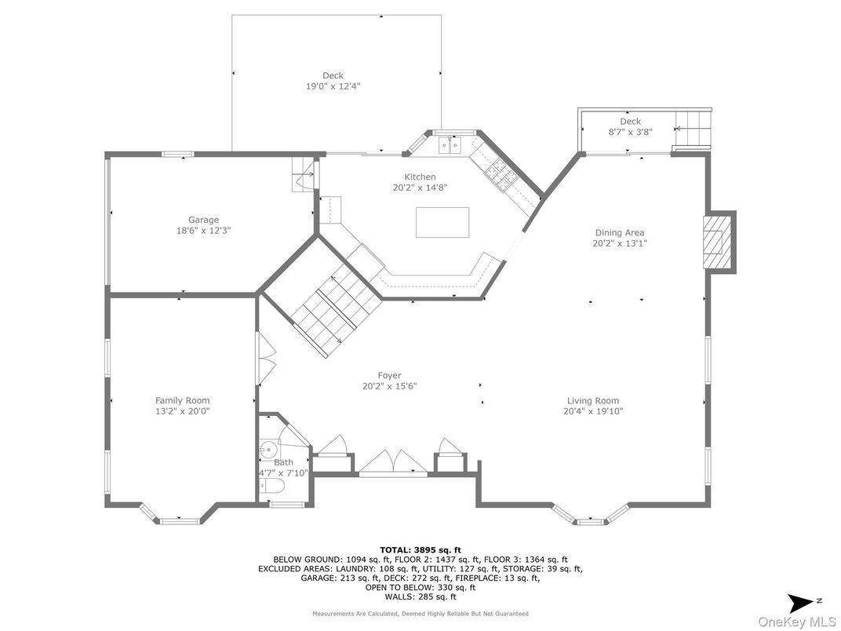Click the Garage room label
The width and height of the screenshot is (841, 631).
(203, 220)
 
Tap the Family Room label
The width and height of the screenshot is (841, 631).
(182, 400)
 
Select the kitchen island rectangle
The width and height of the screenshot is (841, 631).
(442, 222)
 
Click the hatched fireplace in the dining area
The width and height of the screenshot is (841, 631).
(717, 242)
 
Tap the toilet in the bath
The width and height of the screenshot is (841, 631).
(274, 486)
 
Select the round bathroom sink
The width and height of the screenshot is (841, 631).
(268, 447)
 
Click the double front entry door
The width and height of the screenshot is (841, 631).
(392, 462)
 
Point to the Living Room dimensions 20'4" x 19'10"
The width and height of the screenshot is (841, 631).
(592, 411)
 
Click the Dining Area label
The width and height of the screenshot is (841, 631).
(620, 232)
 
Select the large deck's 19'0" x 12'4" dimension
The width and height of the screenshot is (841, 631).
(333, 86)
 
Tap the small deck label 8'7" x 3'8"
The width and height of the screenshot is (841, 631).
(630, 132)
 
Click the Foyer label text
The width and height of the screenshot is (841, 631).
(389, 376)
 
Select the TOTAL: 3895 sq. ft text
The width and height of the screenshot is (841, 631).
(420, 549)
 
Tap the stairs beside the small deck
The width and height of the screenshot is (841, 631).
(692, 128)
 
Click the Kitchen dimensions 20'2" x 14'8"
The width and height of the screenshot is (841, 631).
(420, 188)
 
